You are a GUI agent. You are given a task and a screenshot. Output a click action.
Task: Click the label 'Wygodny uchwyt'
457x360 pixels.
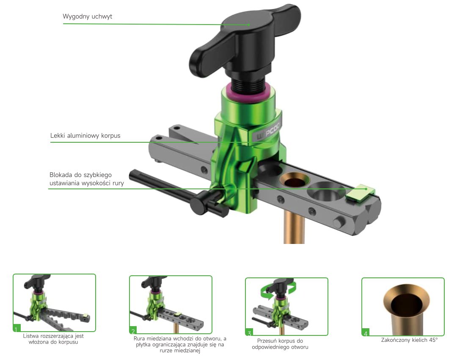[88, 17]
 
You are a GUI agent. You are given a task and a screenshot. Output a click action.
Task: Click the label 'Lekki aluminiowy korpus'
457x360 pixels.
[85, 136]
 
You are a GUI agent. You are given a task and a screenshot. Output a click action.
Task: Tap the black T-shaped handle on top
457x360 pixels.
[245, 41]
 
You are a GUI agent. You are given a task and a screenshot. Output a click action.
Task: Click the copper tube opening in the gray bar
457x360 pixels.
[295, 180]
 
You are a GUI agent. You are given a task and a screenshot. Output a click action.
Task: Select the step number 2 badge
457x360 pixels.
[133, 330]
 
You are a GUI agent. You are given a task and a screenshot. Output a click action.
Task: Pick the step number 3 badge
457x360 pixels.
[249, 332]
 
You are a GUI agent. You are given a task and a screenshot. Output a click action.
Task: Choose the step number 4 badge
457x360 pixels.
[366, 332]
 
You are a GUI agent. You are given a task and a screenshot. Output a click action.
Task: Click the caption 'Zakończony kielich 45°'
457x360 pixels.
[409, 340]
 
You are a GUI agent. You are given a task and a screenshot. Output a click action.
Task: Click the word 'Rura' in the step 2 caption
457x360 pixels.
[139, 339]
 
